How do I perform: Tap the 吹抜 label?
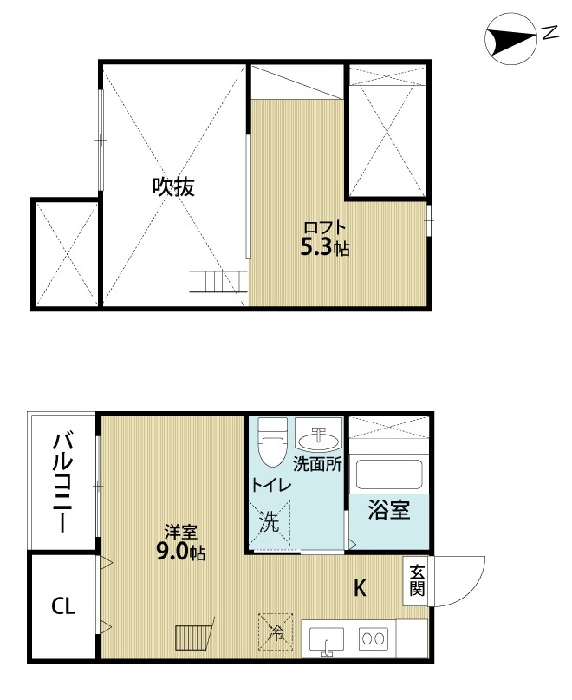(173, 186)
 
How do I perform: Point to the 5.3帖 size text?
(325, 249)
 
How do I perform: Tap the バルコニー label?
(62, 482)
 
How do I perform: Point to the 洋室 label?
(180, 532)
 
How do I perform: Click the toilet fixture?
(273, 442)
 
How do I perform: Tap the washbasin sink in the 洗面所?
(320, 435)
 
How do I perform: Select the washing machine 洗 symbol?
(272, 522)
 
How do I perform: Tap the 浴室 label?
(388, 511)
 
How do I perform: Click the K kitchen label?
(360, 588)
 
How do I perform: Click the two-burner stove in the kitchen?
(374, 639)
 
